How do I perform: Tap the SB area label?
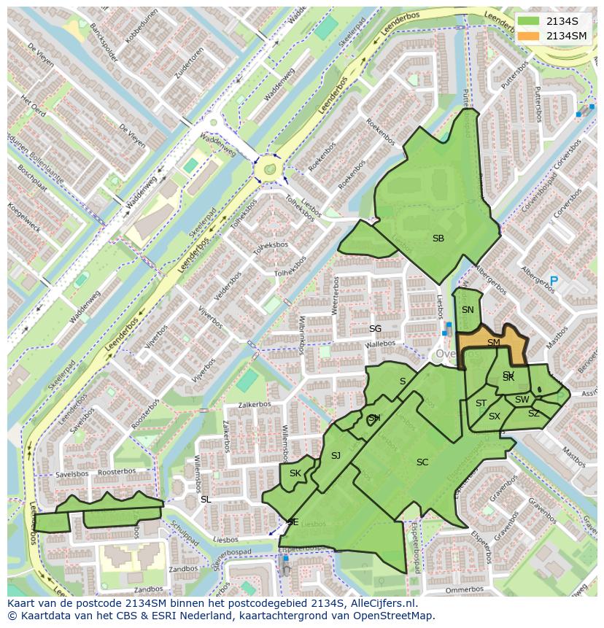coord(438,239)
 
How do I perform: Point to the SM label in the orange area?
coord(494,343)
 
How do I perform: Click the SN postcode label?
coord(468,310)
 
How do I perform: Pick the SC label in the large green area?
coord(422,462)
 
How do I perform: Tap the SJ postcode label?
coord(336,456)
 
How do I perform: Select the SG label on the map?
coord(375,329)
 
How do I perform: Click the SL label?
coord(206,500)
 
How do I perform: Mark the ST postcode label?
coord(481,403)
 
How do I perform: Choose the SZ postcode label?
coord(533,414)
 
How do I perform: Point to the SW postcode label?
coord(522,400)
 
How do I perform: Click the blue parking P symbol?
coord(554,281)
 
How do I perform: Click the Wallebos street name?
coord(380,344)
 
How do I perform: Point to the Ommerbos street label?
coord(464,589)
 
